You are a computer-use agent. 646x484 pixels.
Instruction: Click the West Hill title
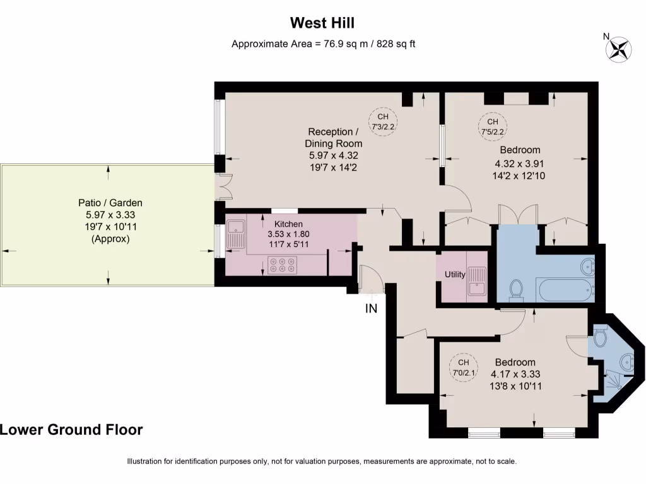322,23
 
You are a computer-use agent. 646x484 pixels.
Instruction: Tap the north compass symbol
618,49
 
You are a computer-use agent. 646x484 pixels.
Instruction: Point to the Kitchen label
288,224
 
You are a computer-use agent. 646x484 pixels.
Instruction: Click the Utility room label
455,274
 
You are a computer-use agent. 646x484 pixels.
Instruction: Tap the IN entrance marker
371,309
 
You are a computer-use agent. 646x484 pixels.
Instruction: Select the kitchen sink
237,234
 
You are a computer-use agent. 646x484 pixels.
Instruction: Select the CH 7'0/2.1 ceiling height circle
463,367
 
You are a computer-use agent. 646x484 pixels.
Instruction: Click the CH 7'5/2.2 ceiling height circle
492,126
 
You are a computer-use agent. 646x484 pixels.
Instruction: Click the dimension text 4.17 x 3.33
515,374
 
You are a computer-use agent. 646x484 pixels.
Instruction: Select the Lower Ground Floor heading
71,430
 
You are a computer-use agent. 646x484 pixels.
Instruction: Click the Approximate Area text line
322,43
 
